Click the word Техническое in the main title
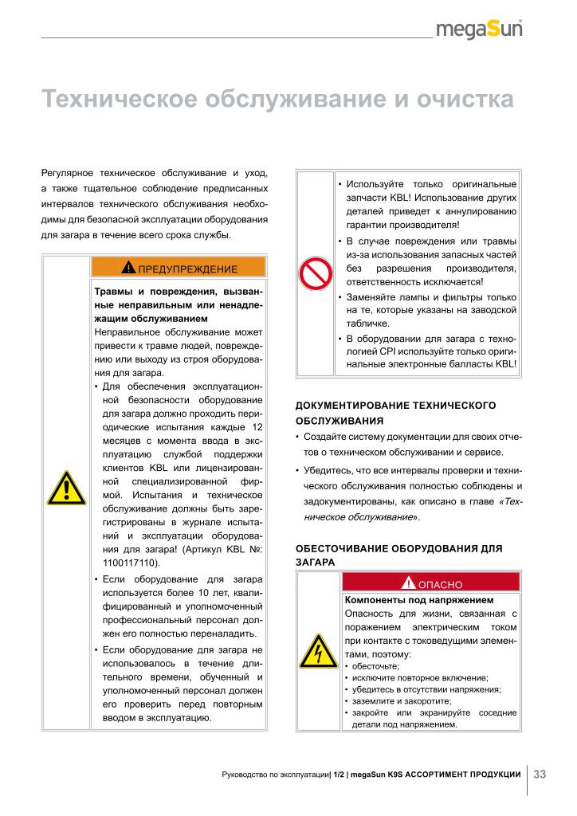pyautogui.click(x=120, y=100)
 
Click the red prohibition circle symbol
pyautogui.click(x=315, y=273)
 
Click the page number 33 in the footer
pyautogui.click(x=540, y=774)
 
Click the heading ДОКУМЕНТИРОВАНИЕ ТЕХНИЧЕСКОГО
pyautogui.click(x=396, y=406)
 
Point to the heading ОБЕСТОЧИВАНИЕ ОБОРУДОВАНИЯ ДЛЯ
pyautogui.click(x=399, y=549)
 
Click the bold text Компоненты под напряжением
pyautogui.click(x=419, y=599)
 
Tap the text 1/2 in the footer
pyautogui.click(x=339, y=774)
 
